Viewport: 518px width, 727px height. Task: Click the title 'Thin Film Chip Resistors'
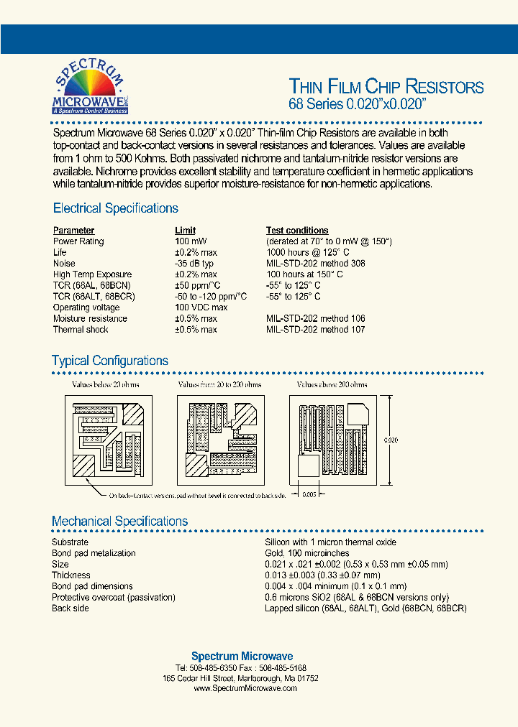(x=386, y=87)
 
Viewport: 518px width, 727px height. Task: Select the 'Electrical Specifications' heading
(x=116, y=208)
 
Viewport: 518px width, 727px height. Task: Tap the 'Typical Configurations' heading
(x=110, y=361)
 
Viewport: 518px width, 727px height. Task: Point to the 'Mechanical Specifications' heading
(x=119, y=521)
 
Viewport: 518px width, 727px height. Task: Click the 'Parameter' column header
(x=73, y=231)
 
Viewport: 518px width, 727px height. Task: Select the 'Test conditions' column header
(x=297, y=231)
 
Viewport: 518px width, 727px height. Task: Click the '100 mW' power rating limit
(x=191, y=241)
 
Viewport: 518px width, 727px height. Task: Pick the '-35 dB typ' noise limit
(x=194, y=264)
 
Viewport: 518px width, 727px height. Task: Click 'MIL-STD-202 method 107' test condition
(x=316, y=330)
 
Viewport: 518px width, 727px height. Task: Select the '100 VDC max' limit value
(x=201, y=307)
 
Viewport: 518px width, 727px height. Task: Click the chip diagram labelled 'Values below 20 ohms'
(x=106, y=437)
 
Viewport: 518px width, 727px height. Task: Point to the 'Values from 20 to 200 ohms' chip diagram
(x=220, y=437)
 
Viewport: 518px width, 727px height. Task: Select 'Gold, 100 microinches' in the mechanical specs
(x=307, y=553)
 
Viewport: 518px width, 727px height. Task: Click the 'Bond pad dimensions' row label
(x=92, y=586)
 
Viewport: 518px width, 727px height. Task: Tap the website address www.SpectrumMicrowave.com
(x=245, y=688)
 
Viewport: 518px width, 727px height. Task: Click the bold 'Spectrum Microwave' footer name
(x=242, y=656)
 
